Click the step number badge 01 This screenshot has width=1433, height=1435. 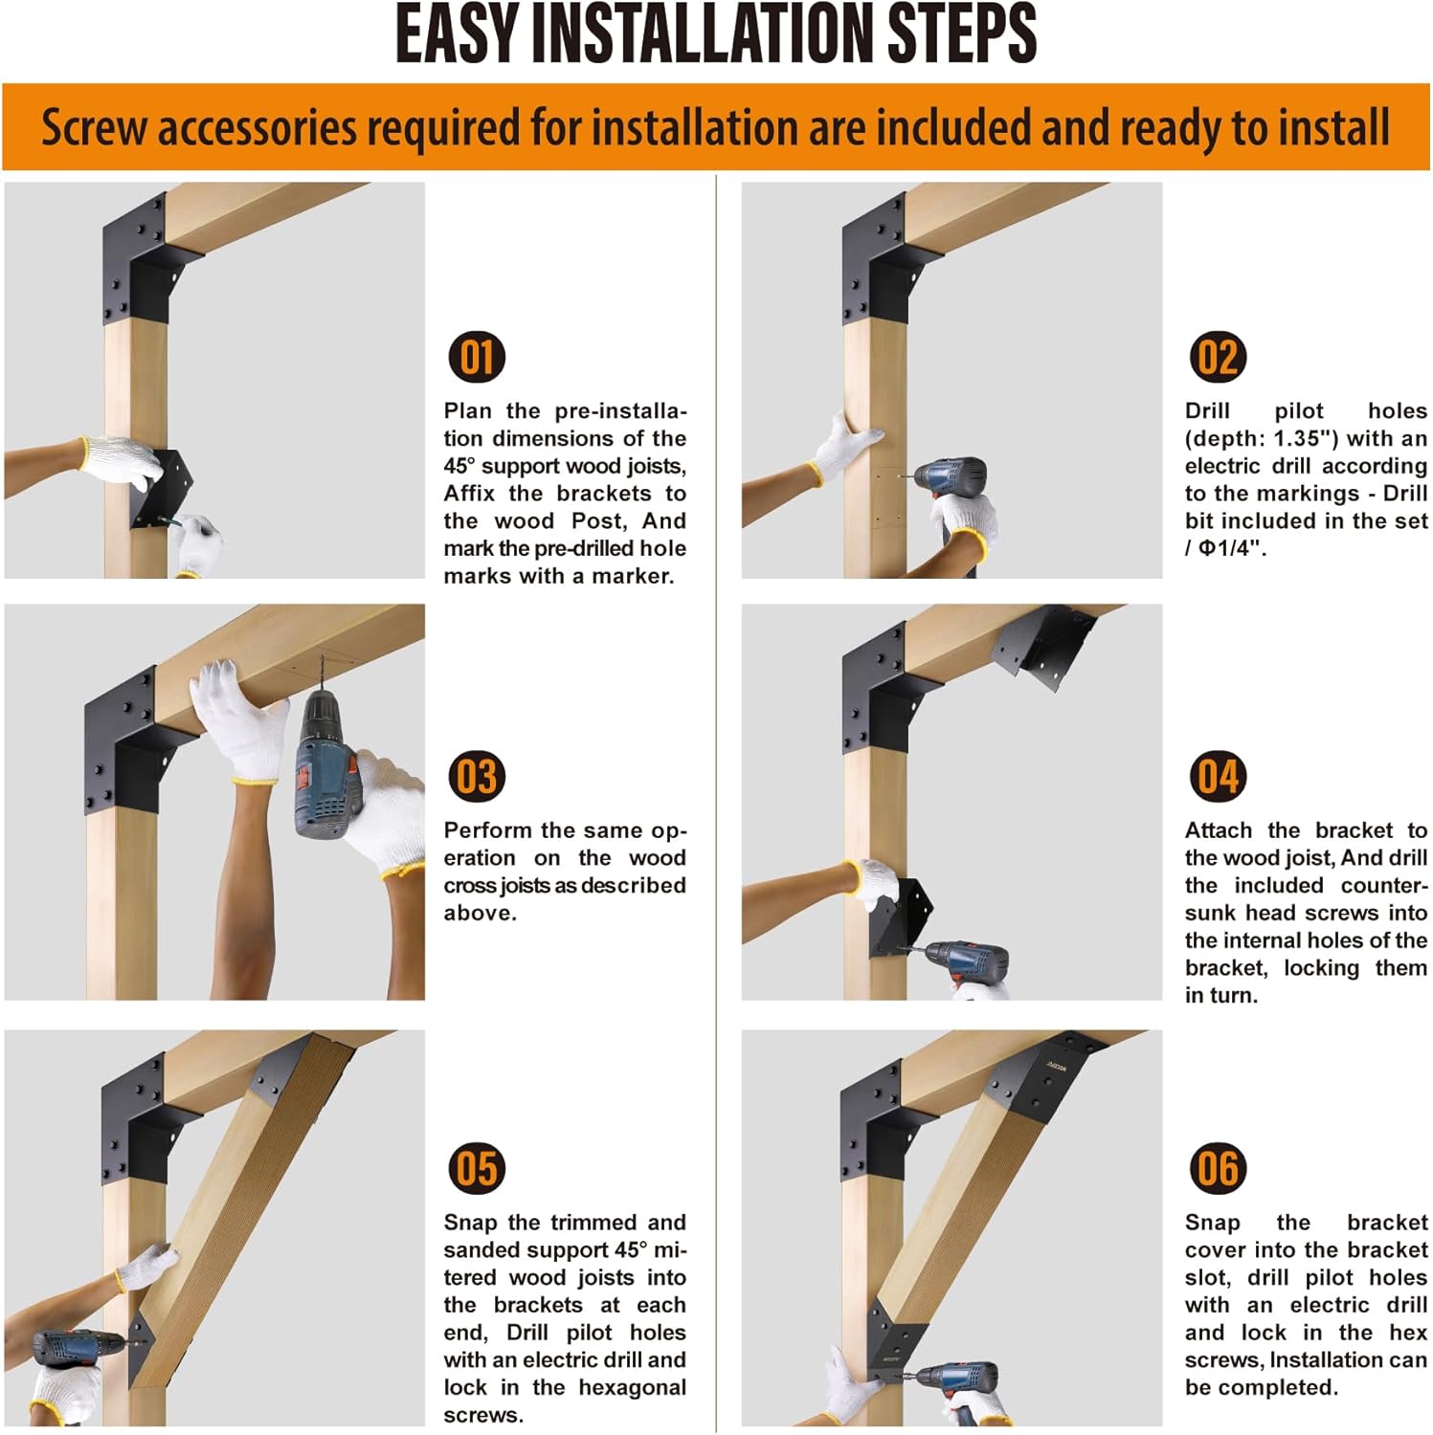[x=477, y=358]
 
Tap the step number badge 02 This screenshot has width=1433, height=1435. [x=1218, y=358]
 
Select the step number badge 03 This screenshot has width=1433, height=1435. [x=477, y=777]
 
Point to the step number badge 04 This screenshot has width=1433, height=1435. [x=1218, y=777]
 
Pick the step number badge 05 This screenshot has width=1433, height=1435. [x=477, y=1168]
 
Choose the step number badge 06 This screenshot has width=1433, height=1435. [x=1218, y=1168]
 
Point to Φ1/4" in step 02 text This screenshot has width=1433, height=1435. [x=1232, y=548]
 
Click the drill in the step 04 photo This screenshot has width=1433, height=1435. [x=962, y=961]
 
